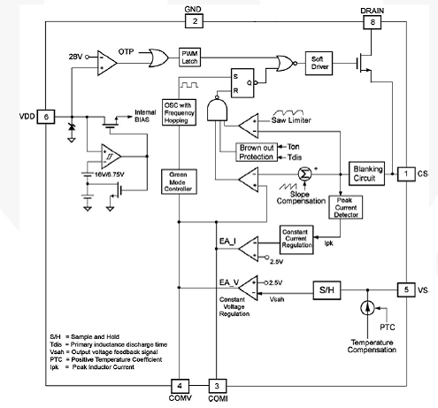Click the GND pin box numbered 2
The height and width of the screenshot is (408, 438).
(x=194, y=21)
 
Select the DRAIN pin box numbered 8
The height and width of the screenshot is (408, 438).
(x=372, y=22)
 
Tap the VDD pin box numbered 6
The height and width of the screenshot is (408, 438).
(x=46, y=117)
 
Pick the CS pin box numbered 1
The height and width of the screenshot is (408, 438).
(x=406, y=174)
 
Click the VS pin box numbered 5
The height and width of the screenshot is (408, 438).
(x=406, y=289)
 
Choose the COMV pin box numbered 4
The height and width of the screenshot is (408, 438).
(x=180, y=386)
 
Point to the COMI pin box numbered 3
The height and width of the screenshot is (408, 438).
(x=218, y=386)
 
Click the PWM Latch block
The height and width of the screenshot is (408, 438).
(x=189, y=58)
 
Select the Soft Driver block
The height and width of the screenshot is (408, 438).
(x=319, y=63)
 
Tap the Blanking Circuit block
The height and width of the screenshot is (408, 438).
(x=366, y=173)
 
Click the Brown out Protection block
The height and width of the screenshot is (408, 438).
(x=257, y=152)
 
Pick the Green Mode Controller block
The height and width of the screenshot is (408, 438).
(x=179, y=181)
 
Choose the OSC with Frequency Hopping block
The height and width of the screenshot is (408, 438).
(x=179, y=112)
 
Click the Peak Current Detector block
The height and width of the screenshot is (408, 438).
(x=346, y=207)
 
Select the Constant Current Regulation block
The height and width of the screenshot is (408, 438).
(x=296, y=240)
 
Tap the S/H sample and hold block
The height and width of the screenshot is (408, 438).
(x=327, y=290)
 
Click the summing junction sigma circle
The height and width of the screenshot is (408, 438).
(x=304, y=174)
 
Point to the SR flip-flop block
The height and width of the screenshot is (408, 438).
(x=242, y=83)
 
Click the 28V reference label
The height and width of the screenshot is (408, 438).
(x=75, y=57)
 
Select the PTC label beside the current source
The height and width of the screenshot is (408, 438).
(x=387, y=327)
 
